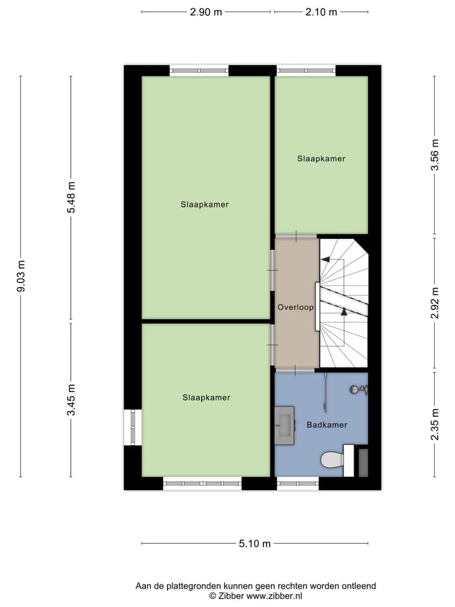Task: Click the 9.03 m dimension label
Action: [x=21, y=276]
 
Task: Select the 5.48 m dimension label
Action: [x=71, y=197]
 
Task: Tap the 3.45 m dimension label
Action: [x=71, y=400]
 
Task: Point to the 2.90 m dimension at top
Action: [x=206, y=12]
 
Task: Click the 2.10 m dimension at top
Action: [x=321, y=12]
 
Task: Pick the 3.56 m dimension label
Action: [x=435, y=156]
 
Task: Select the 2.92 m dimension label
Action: [x=435, y=302]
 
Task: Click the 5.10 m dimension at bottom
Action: [x=255, y=543]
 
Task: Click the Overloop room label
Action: [x=296, y=307]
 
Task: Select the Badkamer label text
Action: [x=327, y=425]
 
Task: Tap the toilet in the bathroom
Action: [x=332, y=460]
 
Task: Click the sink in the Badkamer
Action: [x=284, y=420]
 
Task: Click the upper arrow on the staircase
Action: [x=326, y=259]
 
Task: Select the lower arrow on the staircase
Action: [x=344, y=310]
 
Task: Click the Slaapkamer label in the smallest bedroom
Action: [x=321, y=159]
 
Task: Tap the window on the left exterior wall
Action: [x=133, y=427]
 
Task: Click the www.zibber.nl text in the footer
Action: [x=274, y=596]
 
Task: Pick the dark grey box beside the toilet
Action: [x=363, y=462]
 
